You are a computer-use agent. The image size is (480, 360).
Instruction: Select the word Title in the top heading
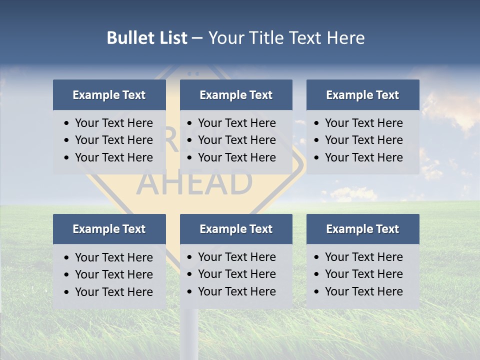tap(266, 38)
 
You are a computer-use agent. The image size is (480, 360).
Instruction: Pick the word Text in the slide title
tap(306, 38)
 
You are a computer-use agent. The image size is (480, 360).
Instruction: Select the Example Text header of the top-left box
tap(109, 95)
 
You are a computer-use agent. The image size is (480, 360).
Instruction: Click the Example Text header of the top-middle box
tap(236, 95)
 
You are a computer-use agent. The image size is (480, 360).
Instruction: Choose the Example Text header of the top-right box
tap(362, 95)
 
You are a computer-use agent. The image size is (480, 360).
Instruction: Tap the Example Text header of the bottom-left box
tap(109, 229)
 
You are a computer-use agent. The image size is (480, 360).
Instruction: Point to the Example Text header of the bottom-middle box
tap(236, 229)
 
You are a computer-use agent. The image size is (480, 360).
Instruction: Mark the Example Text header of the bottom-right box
tap(362, 229)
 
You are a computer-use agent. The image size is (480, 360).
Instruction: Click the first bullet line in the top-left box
tap(113, 123)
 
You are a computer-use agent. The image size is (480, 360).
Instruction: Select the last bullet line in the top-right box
tap(363, 157)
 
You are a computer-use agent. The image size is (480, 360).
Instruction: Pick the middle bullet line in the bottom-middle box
tap(236, 274)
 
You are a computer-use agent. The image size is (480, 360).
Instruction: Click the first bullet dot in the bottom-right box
tap(317, 257)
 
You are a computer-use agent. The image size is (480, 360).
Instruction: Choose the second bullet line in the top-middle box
tap(236, 140)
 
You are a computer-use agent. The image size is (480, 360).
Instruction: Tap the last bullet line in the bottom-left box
tap(113, 292)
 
